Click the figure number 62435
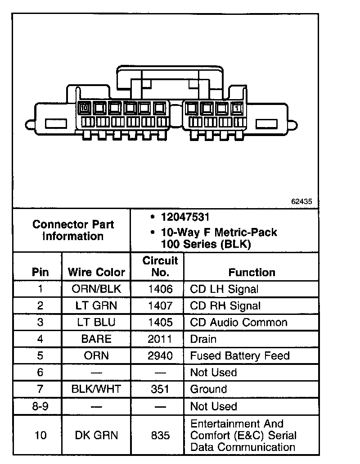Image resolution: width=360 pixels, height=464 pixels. coord(301,202)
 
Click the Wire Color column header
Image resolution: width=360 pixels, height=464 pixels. coord(96,272)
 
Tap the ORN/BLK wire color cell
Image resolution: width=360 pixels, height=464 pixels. coord(96,289)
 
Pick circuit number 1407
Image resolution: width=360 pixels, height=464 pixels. coord(160,305)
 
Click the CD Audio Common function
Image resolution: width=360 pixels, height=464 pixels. coord(238,322)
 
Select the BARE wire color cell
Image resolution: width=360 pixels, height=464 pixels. coord(96,339)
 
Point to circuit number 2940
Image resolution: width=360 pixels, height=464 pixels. coord(160,355)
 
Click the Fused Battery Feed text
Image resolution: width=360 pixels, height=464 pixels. coord(239,355)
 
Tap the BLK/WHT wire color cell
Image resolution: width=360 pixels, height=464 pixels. coord(96,389)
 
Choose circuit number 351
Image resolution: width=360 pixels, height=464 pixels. coord(160,389)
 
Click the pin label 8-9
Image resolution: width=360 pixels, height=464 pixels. coord(40,406)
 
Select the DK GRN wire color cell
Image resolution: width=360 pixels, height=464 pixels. coord(96,435)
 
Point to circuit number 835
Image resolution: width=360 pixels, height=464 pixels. coord(160,435)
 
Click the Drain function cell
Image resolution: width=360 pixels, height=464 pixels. coord(203,339)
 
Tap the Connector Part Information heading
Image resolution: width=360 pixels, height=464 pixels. coord(73,230)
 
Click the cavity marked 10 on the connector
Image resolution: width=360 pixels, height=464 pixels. coord(84,108)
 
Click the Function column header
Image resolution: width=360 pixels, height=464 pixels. coord(252,272)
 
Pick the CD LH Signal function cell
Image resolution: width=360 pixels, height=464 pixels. coord(224,289)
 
